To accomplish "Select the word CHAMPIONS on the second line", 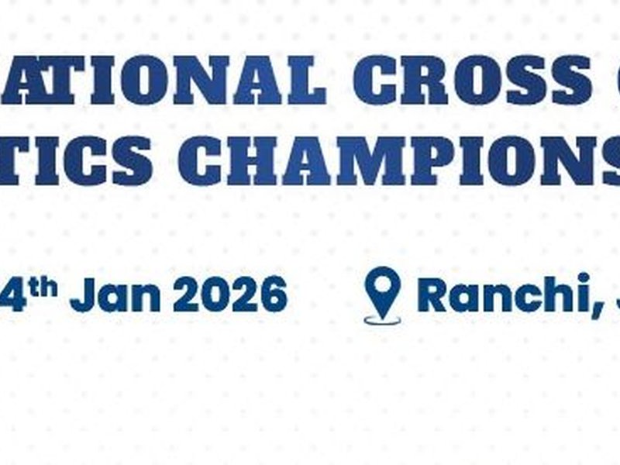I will pos(403,160).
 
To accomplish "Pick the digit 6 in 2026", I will pos(273,296).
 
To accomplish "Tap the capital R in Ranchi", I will pos(434,294).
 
